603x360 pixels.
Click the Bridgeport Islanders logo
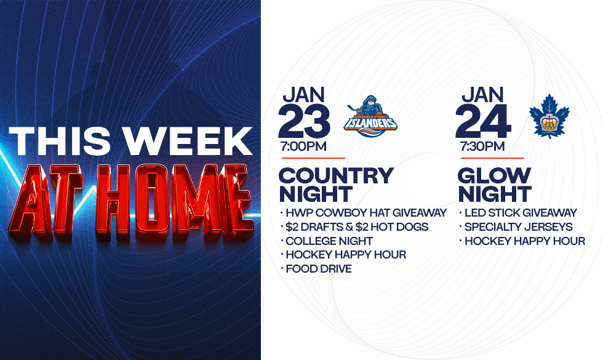pos(370,116)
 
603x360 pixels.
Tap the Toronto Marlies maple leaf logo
pos(549,116)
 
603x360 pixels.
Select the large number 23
pos(304,121)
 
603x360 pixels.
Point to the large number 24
pos(483,121)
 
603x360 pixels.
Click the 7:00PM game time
pos(303,146)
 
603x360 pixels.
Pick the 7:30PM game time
pos(482,146)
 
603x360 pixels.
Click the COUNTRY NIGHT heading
pos(336,185)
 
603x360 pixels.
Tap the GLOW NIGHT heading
pos(495,185)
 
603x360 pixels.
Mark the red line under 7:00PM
pos(313,158)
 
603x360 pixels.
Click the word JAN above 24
pos(482,95)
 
